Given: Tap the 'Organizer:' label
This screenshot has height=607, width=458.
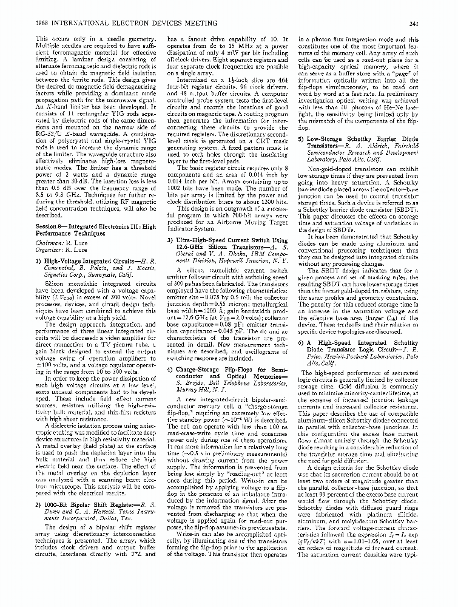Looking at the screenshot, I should coord(34,248).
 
